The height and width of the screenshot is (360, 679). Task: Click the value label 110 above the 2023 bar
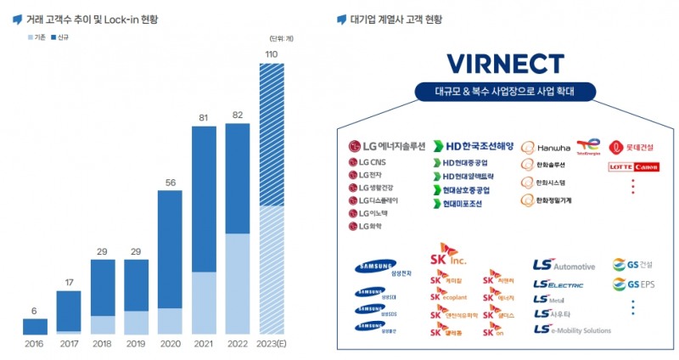pos(271,54)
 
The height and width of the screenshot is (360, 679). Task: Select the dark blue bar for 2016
pos(35,326)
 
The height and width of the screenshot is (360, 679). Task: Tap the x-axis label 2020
pos(170,343)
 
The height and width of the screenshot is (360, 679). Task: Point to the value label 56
pos(170,182)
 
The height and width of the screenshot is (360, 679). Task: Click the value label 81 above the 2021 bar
pos(204,117)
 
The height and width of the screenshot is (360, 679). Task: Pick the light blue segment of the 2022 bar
pos(238,284)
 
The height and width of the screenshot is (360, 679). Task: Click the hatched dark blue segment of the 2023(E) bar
pos(272,135)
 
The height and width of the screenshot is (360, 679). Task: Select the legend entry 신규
pos(61,38)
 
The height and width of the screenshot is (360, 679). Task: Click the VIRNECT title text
pos(505,64)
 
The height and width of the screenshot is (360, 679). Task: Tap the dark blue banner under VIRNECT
pos(505,92)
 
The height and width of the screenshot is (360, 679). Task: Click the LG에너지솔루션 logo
pos(386,145)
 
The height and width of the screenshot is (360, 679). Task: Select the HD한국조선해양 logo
pos(474,145)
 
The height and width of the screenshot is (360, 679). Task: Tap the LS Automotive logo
pos(564,266)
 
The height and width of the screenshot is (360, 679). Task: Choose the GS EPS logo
pos(634,284)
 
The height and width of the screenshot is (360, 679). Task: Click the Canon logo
pos(646,167)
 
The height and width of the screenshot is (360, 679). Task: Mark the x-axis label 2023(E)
pos(272,343)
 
